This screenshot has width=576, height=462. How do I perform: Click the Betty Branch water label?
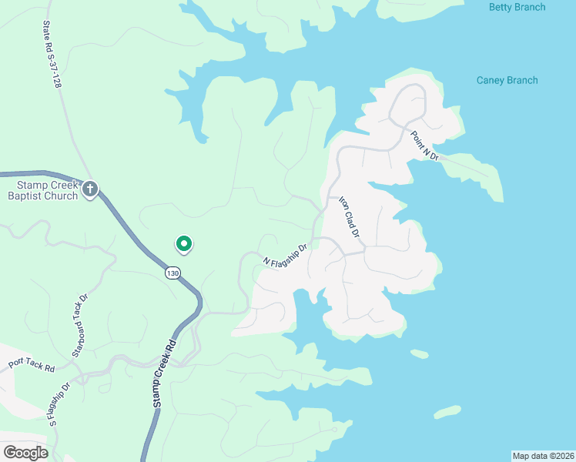[x=517, y=8]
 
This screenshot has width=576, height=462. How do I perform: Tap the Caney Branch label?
[x=507, y=80]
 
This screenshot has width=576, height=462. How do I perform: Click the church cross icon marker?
[x=90, y=189]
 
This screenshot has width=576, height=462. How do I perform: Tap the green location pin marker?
[x=184, y=243]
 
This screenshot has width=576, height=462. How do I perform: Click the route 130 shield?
[x=172, y=273]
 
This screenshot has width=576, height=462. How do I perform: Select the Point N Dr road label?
[x=424, y=146]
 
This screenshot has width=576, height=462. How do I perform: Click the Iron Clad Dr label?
[x=350, y=216]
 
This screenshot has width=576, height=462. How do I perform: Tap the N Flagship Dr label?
[x=286, y=256]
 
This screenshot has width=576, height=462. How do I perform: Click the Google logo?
[x=25, y=452]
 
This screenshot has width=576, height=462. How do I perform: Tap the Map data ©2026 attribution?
[x=543, y=455]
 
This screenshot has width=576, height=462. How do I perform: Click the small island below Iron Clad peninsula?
[x=420, y=354]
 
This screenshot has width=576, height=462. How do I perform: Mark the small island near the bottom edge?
[x=447, y=412]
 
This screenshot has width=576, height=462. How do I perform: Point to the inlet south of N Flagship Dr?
[x=306, y=316]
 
